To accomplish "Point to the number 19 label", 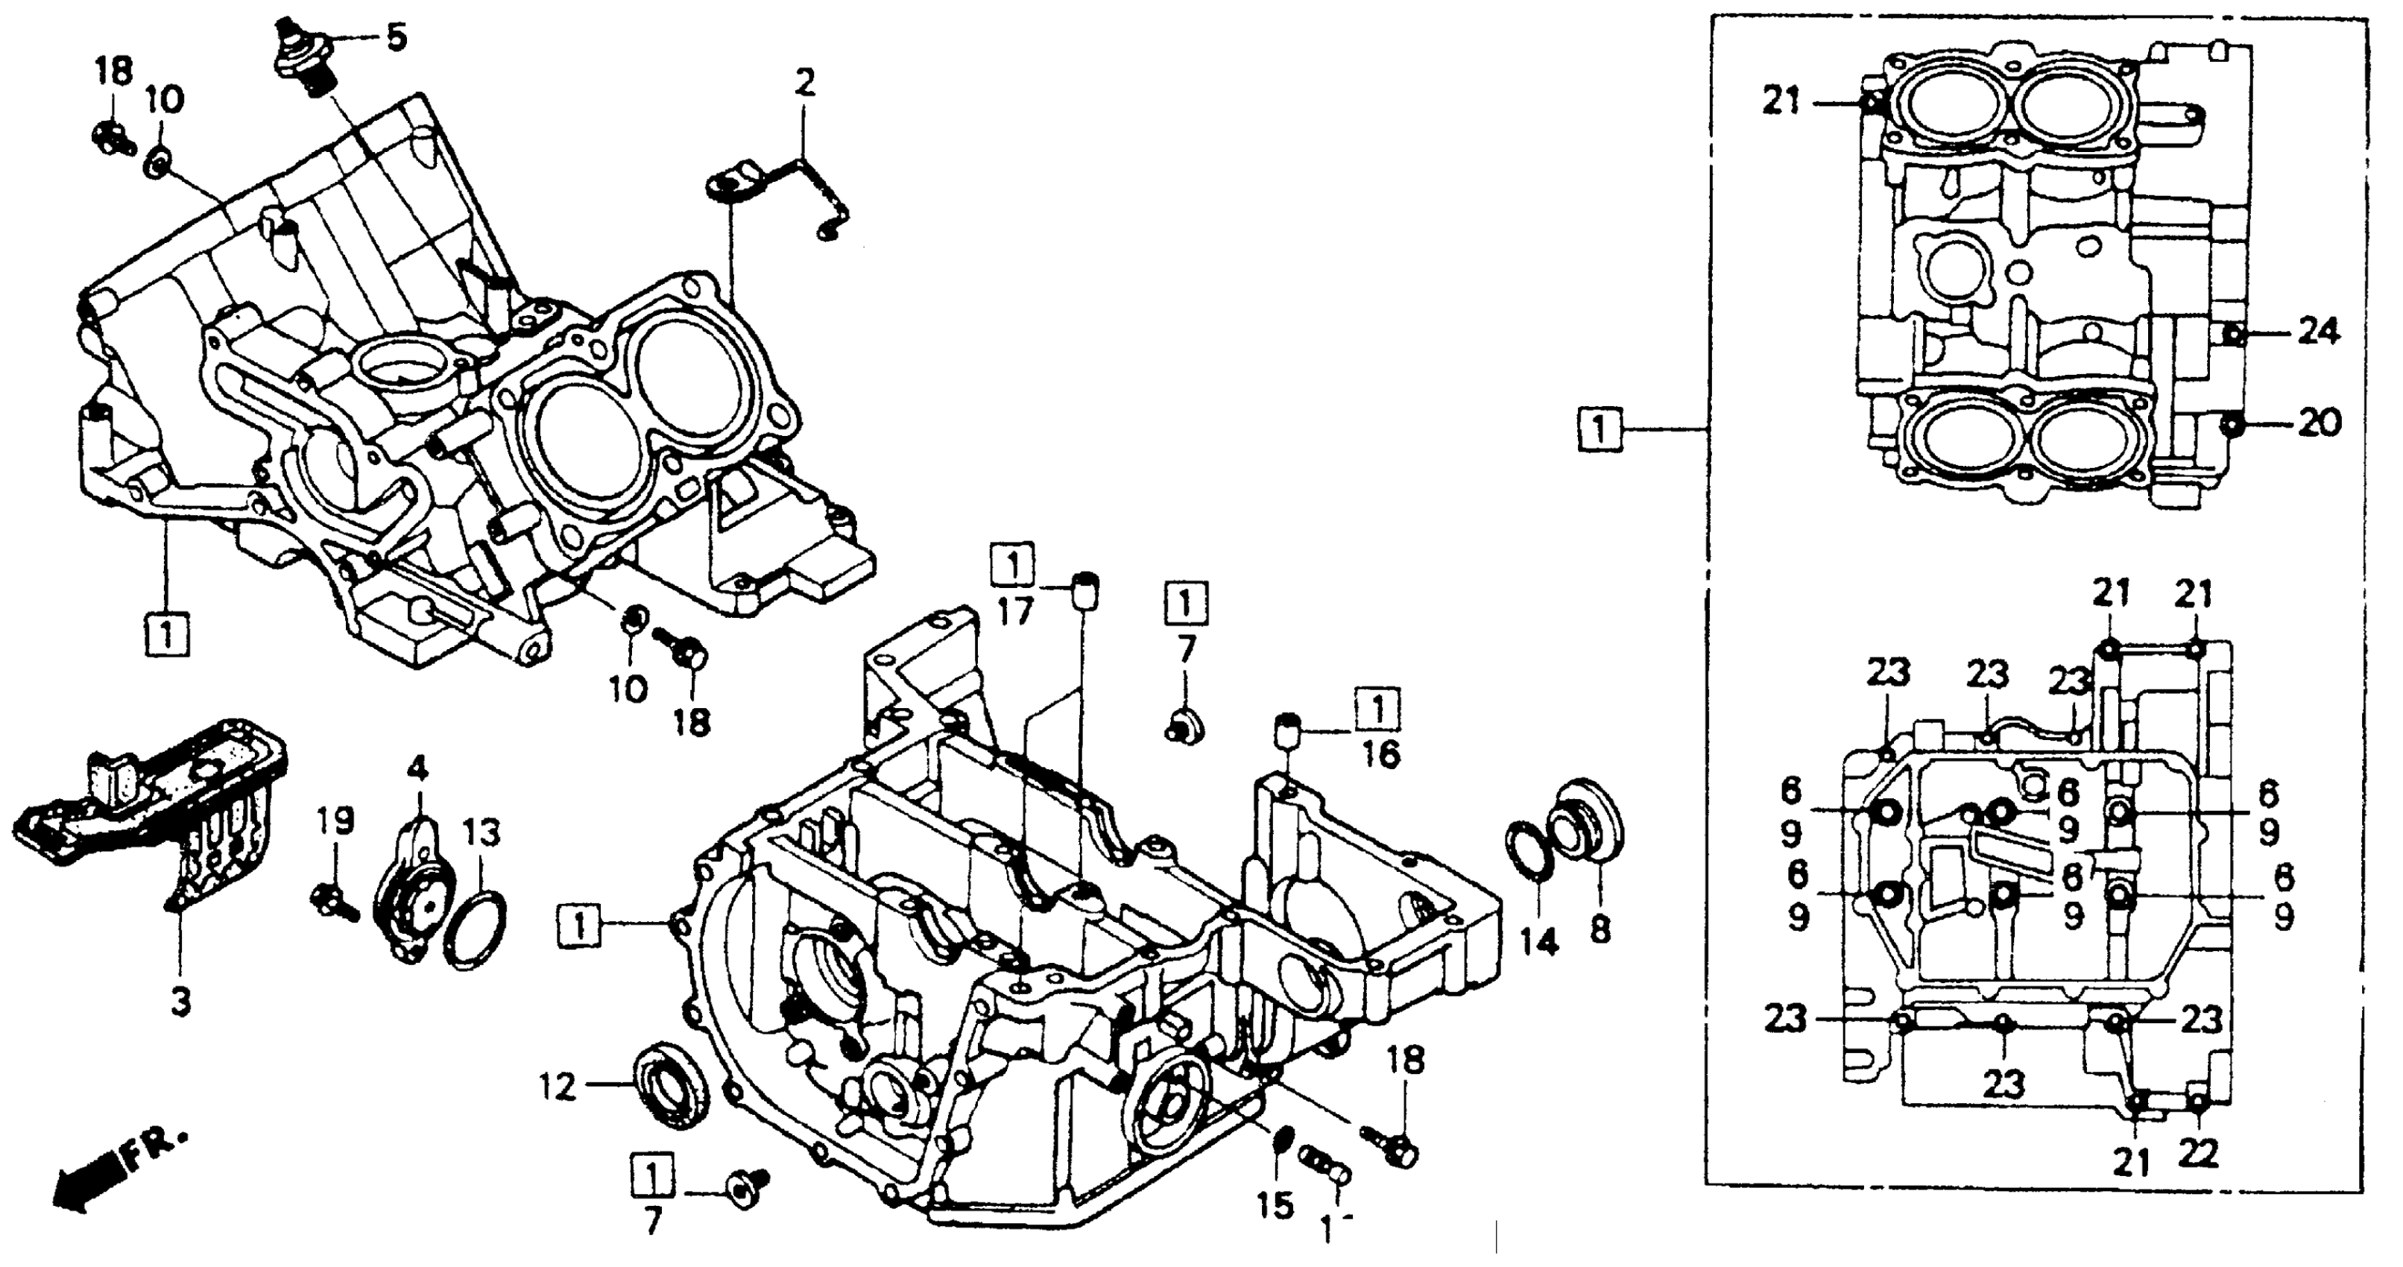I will (x=334, y=821).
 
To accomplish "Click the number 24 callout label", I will (x=2318, y=331).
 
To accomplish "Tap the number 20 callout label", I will (x=2318, y=425).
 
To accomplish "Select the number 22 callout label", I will (x=2199, y=1155).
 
